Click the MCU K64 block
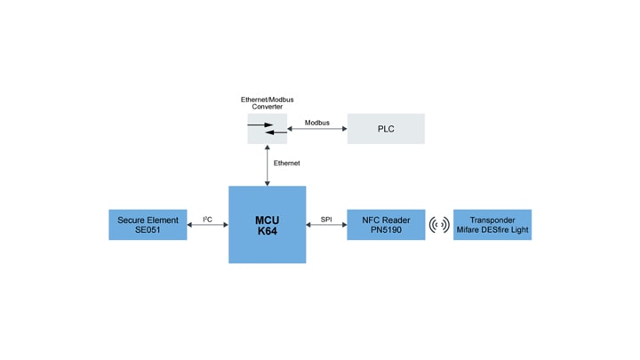click(x=267, y=224)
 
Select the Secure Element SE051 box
click(x=148, y=225)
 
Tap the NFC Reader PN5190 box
click(x=385, y=225)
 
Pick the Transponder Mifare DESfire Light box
click(x=492, y=225)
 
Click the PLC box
click(x=385, y=129)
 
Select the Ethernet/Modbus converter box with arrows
click(x=267, y=129)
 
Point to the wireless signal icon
click(x=439, y=225)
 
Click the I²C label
click(x=207, y=219)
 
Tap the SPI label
click(x=325, y=219)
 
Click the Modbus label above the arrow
click(x=316, y=122)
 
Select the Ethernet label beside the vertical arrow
click(x=286, y=164)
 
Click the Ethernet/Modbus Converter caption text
click(x=267, y=102)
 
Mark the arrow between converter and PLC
click(x=316, y=130)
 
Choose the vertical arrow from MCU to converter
click(x=267, y=165)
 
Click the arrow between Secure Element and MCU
click(x=207, y=226)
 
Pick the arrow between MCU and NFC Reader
click(x=326, y=226)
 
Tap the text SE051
click(x=148, y=231)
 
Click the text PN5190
click(x=385, y=231)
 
